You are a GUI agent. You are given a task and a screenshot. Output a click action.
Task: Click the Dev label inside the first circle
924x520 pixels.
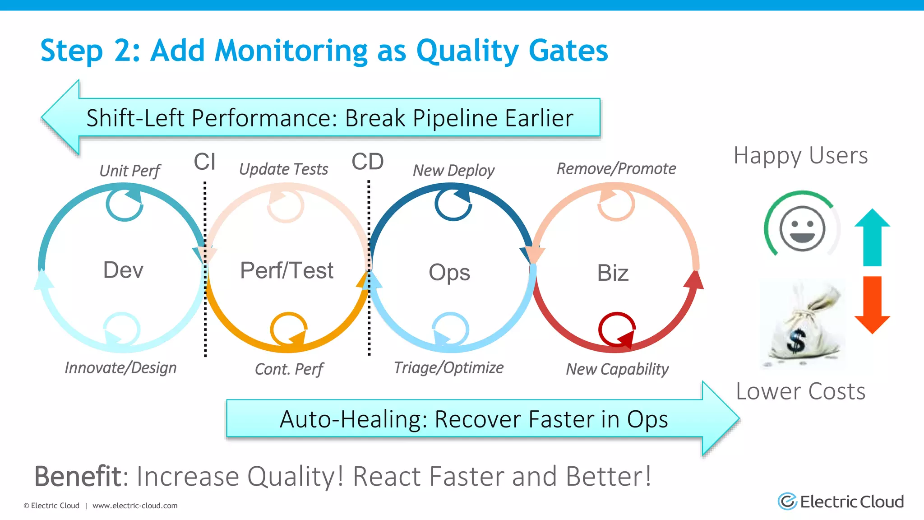point(123,270)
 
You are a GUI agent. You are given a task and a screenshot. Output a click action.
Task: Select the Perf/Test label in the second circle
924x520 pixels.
point(286,270)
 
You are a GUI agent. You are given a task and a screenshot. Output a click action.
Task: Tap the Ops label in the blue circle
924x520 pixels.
point(449,272)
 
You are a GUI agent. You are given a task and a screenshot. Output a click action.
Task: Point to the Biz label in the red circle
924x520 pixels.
point(613,273)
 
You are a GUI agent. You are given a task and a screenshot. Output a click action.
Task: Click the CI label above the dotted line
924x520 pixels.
point(204,162)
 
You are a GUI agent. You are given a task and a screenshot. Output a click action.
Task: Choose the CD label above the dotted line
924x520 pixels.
point(368,162)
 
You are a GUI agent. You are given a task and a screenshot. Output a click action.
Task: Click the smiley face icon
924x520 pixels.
point(802,228)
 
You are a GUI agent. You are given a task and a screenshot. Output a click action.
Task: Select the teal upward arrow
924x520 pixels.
point(872,237)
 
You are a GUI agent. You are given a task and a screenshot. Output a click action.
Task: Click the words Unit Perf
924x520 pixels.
point(129,171)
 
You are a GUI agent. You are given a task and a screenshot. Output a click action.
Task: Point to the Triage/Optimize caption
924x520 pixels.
point(448,368)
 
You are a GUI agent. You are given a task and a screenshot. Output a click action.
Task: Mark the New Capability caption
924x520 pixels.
point(617,369)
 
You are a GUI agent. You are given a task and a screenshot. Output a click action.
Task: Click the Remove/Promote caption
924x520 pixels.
point(616,169)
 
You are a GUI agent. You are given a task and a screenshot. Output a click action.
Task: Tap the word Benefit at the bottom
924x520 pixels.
point(78,476)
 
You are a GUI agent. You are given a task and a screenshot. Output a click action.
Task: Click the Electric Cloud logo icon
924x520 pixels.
point(787,501)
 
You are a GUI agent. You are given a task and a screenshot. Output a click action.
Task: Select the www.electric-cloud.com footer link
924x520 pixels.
point(135,506)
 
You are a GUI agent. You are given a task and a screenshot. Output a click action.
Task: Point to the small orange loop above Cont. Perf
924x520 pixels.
point(289,329)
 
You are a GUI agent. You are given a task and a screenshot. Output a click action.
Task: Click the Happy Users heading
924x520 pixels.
point(800,156)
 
